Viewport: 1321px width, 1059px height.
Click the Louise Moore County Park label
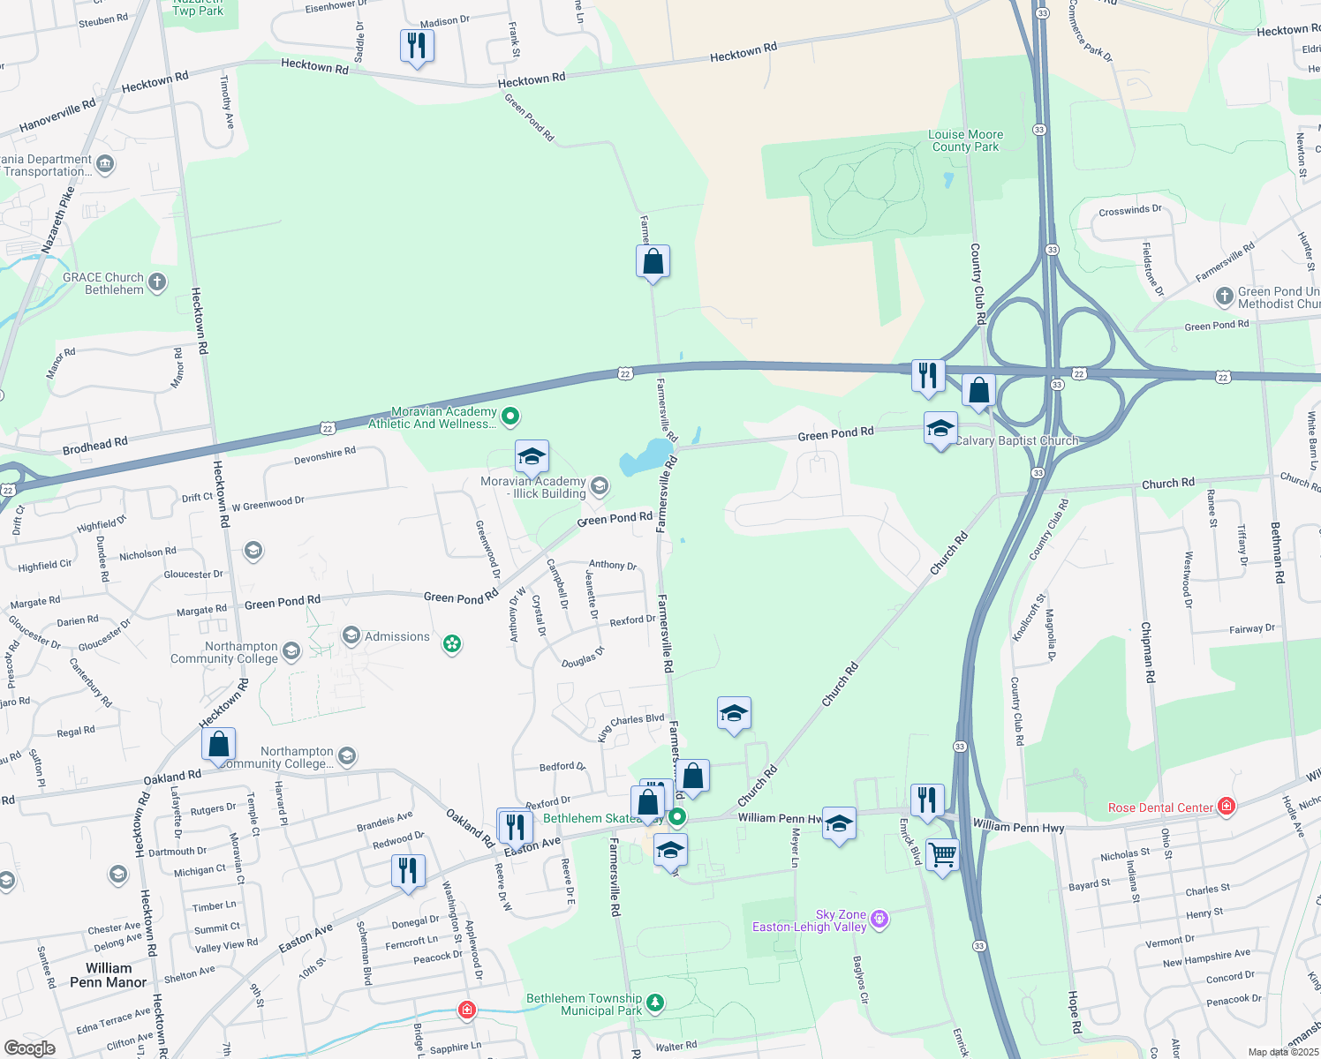(x=965, y=141)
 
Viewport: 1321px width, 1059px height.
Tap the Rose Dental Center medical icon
(x=1226, y=806)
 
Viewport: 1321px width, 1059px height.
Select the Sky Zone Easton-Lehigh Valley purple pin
(x=879, y=920)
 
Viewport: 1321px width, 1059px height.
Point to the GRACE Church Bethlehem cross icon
(x=157, y=282)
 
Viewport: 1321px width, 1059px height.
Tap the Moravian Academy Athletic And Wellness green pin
(x=510, y=417)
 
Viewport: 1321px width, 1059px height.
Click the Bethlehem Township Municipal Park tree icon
(x=655, y=1003)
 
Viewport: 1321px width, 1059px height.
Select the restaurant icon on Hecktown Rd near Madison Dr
(x=417, y=45)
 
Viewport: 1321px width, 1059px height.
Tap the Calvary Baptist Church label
(x=1016, y=440)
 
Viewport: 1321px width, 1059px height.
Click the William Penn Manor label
(x=109, y=975)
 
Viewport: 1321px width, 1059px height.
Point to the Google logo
(x=29, y=1048)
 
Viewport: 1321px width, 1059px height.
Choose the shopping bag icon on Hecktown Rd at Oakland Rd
(x=218, y=744)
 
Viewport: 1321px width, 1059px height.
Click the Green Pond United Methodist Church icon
(x=1225, y=297)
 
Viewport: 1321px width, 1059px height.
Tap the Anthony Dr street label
(x=613, y=565)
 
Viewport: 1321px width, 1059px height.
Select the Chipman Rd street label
(x=1147, y=653)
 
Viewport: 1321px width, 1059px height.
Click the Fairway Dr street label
(x=1252, y=629)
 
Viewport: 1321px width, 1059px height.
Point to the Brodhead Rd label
(x=95, y=447)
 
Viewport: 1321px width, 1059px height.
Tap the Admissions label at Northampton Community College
(x=397, y=636)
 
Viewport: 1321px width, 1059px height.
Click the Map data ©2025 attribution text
(x=1283, y=1052)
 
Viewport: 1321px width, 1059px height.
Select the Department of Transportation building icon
(x=105, y=163)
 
